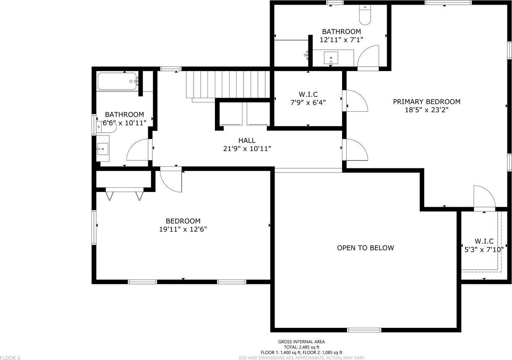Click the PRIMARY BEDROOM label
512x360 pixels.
427,102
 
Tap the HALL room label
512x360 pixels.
247,140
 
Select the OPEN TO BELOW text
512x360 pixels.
365,248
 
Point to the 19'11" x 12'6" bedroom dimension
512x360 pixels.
183,229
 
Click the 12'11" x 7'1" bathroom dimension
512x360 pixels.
341,40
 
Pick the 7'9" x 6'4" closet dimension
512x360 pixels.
308,102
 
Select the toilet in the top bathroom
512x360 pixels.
365,15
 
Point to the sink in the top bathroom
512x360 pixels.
331,58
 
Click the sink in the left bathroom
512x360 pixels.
103,149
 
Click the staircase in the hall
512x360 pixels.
227,84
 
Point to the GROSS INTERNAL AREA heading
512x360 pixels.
301,342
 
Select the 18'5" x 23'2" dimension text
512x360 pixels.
427,110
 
